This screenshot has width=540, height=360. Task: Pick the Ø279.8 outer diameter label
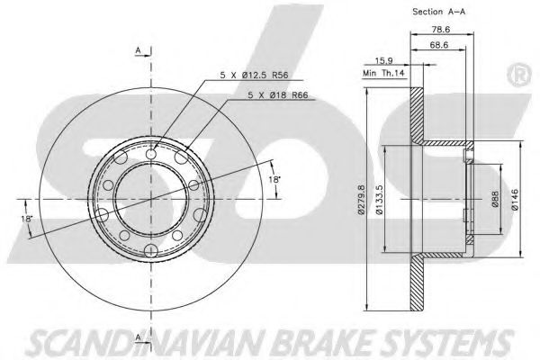(360, 198)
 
